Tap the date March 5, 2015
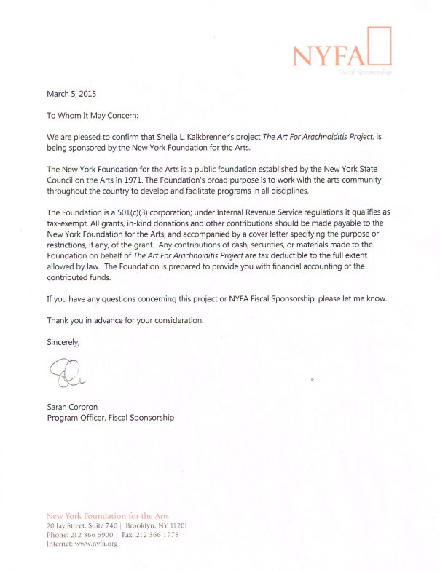[x=71, y=94]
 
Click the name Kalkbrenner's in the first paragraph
[x=227, y=136]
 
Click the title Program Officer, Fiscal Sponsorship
[x=111, y=418]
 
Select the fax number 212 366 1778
[x=157, y=534]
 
